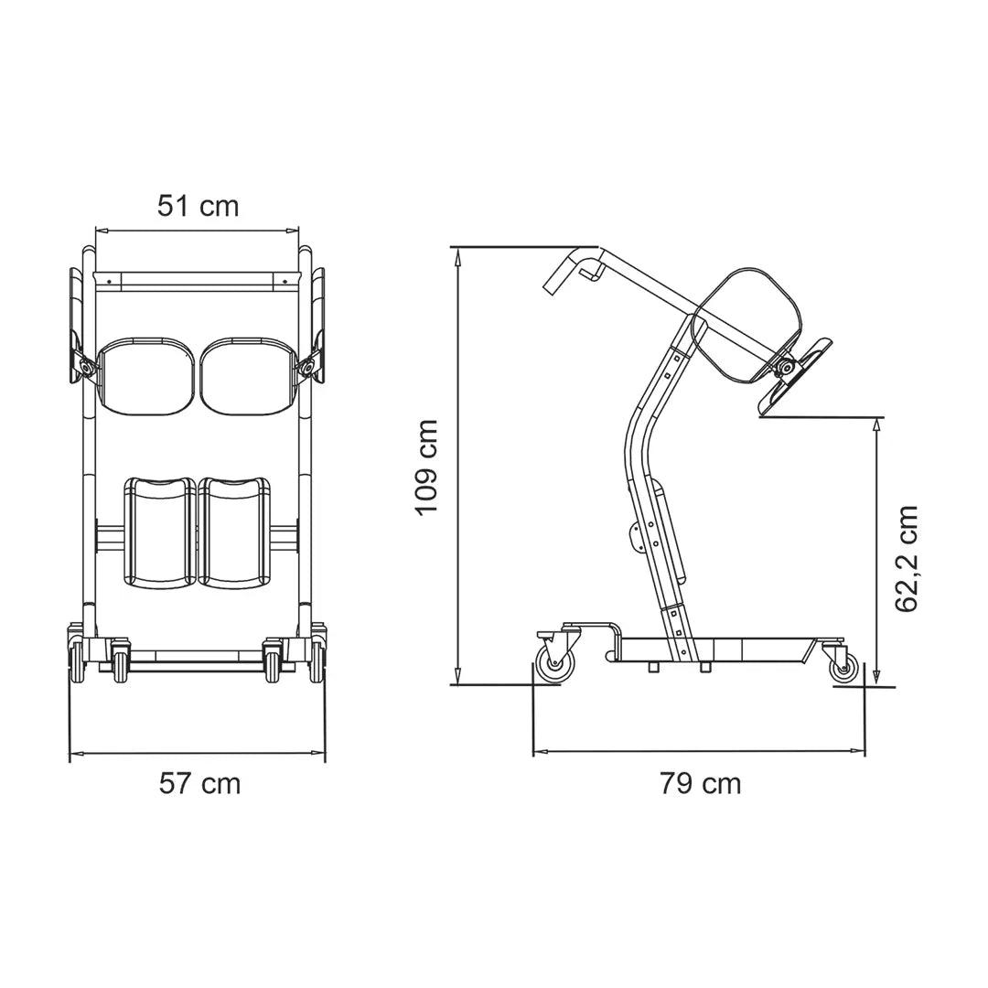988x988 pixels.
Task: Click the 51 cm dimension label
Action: [x=198, y=206]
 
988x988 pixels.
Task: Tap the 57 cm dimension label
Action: [x=199, y=783]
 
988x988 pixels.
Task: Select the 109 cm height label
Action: [x=427, y=467]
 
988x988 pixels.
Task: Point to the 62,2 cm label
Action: [x=907, y=558]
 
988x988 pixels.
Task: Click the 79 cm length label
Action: [x=700, y=783]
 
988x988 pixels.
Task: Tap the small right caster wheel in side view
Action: [x=843, y=668]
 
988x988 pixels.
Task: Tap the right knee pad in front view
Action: [x=235, y=532]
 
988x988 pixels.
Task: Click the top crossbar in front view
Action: [x=198, y=277]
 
